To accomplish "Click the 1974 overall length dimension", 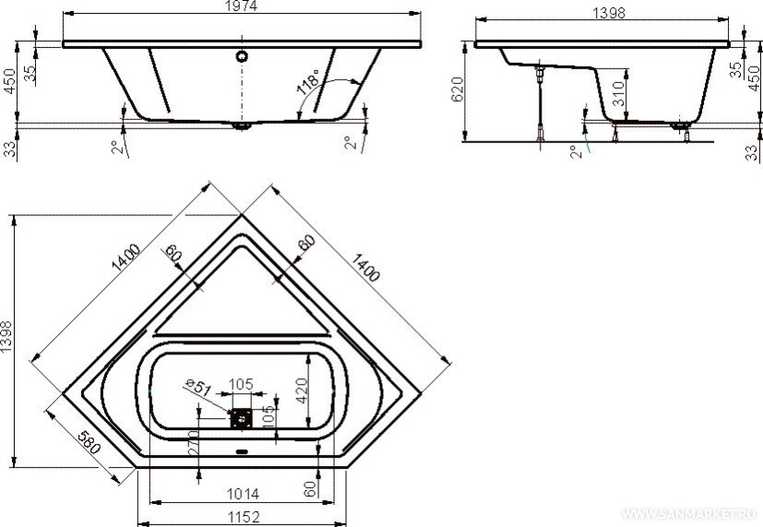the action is [x=242, y=6].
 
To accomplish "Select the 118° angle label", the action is [x=308, y=82].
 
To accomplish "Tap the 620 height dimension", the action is [x=458, y=90].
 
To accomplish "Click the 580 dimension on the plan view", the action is [x=88, y=442].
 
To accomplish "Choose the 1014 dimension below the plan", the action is [x=243, y=494].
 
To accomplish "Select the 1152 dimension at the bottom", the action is [x=243, y=516].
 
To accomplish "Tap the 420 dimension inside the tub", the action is [x=301, y=390].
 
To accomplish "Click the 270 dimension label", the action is [x=193, y=442].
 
